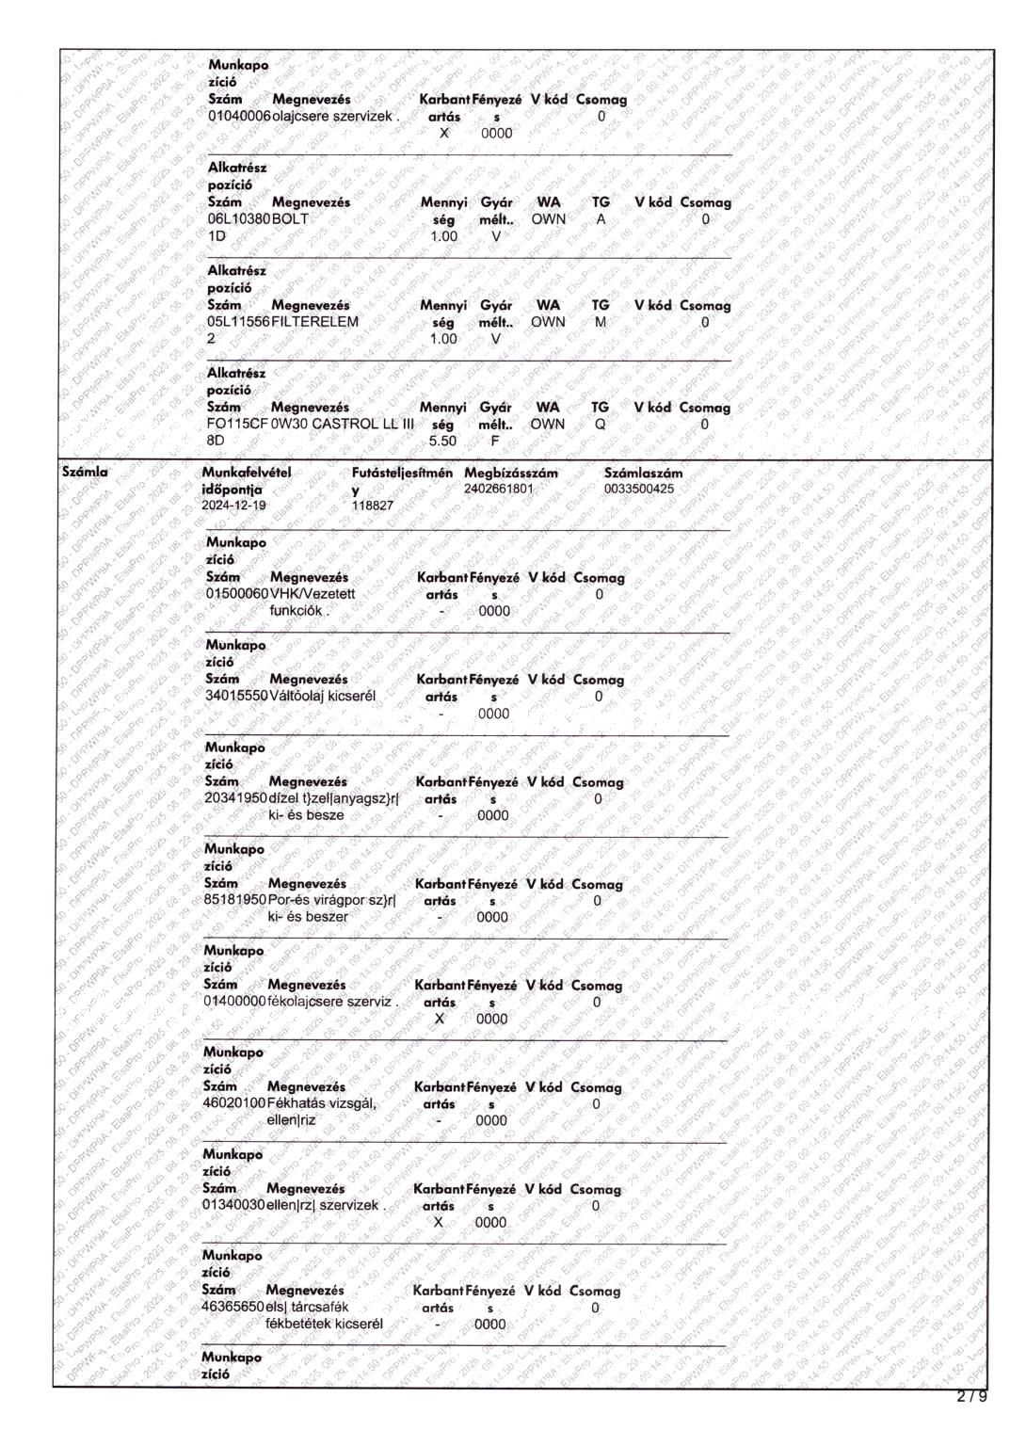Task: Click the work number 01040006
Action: tap(239, 117)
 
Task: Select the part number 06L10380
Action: tap(239, 219)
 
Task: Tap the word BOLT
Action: tap(291, 219)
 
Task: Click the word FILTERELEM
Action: tap(315, 322)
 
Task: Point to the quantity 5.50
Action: tap(442, 441)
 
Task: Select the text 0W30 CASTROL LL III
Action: tap(343, 425)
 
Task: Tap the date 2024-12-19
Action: tap(233, 506)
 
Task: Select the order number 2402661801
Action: tap(498, 490)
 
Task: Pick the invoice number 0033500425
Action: tap(638, 490)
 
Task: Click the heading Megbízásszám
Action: tap(510, 473)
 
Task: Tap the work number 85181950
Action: tap(235, 900)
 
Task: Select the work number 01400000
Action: tap(235, 1002)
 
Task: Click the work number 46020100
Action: tap(234, 1103)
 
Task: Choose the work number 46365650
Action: tap(232, 1308)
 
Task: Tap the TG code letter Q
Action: tap(601, 425)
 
